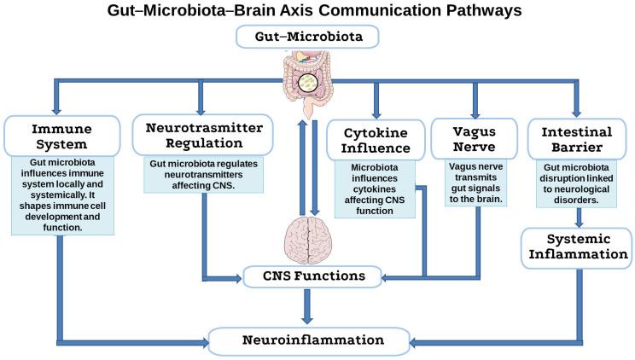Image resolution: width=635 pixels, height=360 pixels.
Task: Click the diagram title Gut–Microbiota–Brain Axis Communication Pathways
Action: [x=317, y=11]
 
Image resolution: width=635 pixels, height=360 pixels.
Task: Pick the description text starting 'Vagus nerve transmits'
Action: [x=474, y=183]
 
